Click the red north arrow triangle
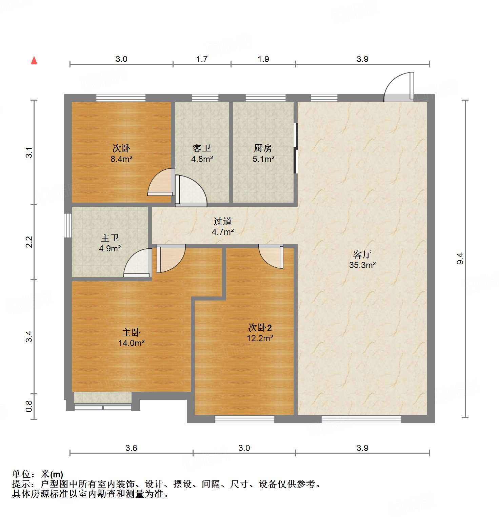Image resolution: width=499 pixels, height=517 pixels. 34,60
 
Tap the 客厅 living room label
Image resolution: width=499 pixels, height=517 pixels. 362,254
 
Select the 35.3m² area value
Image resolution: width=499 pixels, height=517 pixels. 362,265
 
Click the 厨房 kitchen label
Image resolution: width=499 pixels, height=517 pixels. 263,148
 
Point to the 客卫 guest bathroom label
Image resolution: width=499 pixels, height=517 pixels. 202,148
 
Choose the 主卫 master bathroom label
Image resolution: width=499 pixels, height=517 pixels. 110,238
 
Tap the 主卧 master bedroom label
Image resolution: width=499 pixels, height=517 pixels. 131,332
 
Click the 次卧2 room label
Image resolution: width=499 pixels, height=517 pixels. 260,328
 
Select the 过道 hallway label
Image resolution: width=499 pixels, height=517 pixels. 223,221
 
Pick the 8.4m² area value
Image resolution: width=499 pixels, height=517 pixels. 121,159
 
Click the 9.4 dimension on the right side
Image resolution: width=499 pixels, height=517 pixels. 460,259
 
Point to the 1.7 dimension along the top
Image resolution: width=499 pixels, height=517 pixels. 202,59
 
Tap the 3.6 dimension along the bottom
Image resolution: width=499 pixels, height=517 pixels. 131,448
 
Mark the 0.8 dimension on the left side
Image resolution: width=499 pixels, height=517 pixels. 29,406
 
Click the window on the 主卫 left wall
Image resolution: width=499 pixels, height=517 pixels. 68,225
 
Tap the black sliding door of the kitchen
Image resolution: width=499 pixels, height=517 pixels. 296,148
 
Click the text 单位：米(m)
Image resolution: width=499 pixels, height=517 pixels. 38,474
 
